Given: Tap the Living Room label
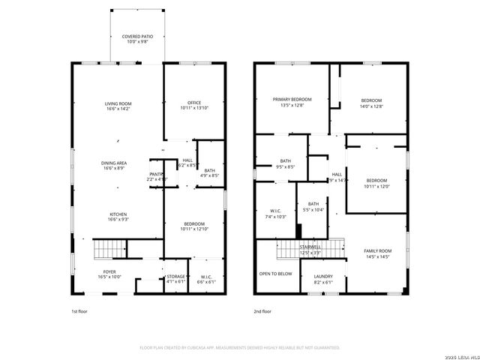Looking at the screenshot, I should coord(118,106).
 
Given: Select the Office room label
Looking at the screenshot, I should coord(193,106).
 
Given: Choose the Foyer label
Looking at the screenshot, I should coord(109,274).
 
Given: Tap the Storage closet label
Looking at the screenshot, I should coord(175,280).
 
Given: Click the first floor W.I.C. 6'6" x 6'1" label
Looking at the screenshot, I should coord(205,280).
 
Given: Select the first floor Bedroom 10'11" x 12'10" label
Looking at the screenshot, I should coord(193,226).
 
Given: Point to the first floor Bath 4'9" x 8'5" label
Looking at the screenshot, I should coord(209,173).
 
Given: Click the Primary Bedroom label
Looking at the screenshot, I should coord(292,102).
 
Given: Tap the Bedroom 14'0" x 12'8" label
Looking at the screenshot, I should coord(371,103).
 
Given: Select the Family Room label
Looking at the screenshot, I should coord(378,253).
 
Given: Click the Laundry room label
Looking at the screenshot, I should coord(324,280).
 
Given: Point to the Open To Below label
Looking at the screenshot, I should coord(275,274).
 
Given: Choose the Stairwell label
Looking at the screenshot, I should coord(310,249).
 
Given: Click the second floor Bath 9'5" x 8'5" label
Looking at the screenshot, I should coord(286,163).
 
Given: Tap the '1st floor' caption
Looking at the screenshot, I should coord(79,310).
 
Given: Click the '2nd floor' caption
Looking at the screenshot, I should coord(262,310).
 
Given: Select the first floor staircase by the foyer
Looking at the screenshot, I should coord(109,249).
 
